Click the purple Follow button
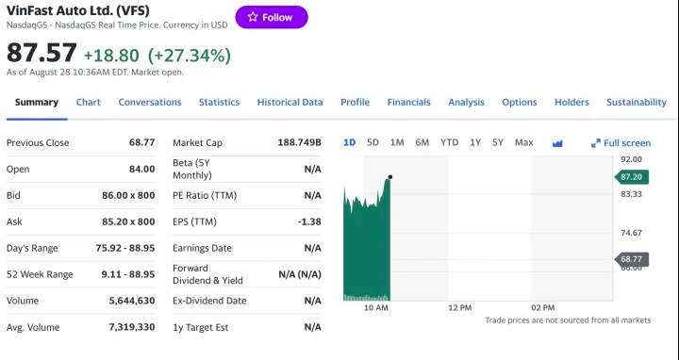tap(271, 17)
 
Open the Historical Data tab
tap(290, 102)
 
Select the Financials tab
tap(408, 102)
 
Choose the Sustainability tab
tap(636, 102)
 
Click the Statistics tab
tap(219, 102)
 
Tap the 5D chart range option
tap(373, 142)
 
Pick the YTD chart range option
tap(449, 142)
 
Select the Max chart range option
tap(523, 142)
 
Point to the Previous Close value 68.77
tap(141, 142)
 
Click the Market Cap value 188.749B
tap(299, 142)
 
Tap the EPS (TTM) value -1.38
tap(309, 221)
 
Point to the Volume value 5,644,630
tap(131, 301)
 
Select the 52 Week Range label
tap(40, 274)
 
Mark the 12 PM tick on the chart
tap(460, 308)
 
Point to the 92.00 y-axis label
tap(631, 159)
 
